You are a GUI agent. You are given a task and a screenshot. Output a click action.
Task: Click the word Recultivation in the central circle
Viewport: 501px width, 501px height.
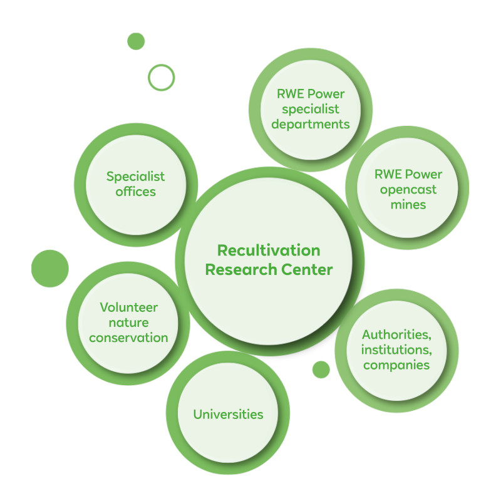click(x=269, y=250)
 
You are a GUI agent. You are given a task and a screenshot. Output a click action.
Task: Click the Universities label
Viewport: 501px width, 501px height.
click(x=228, y=414)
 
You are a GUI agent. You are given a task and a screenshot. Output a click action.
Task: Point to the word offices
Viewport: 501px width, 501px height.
click(x=136, y=192)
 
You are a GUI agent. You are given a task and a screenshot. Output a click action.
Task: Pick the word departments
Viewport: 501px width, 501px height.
click(x=311, y=123)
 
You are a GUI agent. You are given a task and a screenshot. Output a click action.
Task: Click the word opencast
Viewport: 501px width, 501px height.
click(x=407, y=189)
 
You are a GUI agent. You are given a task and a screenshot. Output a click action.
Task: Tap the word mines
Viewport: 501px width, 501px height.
click(x=407, y=204)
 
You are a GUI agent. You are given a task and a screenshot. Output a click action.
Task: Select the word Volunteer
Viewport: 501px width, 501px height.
click(x=128, y=307)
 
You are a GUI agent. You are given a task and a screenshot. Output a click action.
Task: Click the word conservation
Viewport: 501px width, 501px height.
click(x=128, y=338)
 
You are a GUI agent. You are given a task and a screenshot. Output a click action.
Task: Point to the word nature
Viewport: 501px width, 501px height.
click(x=128, y=323)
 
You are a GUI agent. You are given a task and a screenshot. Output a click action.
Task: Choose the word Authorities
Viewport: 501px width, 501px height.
click(x=396, y=334)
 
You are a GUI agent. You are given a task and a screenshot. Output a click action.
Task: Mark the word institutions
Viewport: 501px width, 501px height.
click(x=396, y=349)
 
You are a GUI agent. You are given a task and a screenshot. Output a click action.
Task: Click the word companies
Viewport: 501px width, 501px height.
click(x=396, y=364)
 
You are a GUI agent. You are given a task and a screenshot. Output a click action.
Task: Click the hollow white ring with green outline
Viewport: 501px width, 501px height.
click(x=161, y=78)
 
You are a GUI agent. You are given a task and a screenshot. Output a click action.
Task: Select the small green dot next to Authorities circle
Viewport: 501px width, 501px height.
click(x=321, y=369)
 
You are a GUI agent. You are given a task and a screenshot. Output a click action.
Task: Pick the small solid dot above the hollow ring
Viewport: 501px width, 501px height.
click(x=136, y=41)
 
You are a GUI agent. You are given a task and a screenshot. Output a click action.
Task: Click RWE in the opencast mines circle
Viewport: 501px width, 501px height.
click(x=387, y=174)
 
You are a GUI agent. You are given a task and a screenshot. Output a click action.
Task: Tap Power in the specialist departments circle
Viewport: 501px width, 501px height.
click(x=326, y=94)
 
